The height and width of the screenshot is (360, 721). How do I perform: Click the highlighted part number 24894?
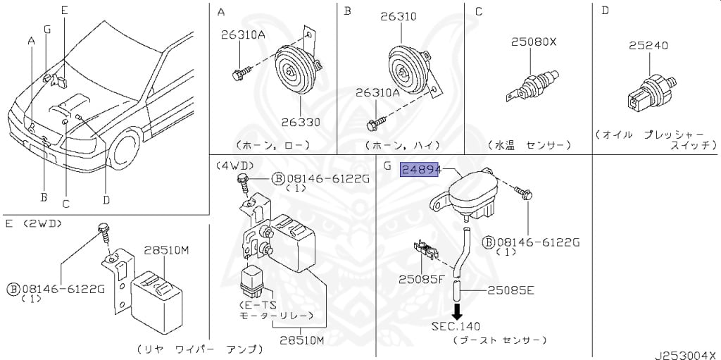420,170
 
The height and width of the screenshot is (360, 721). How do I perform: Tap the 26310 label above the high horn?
399,17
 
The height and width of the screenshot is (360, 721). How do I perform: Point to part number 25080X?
534,42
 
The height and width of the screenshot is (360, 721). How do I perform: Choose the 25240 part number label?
648,46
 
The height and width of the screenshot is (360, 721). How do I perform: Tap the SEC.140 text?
456,327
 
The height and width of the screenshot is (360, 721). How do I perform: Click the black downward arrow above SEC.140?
456,310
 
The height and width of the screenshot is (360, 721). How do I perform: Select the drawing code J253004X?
684,353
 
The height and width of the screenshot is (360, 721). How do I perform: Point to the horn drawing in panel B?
408,69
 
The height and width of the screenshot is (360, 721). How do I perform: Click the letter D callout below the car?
106,199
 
